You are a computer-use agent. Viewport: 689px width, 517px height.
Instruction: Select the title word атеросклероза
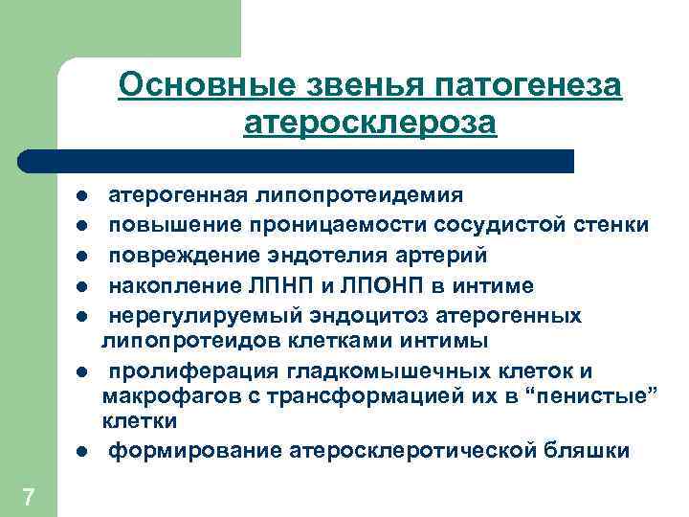(370, 124)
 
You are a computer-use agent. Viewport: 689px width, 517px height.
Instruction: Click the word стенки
(611, 226)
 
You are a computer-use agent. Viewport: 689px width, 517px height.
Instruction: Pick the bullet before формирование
(83, 451)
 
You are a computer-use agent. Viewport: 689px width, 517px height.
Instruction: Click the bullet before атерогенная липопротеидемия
(83, 197)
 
